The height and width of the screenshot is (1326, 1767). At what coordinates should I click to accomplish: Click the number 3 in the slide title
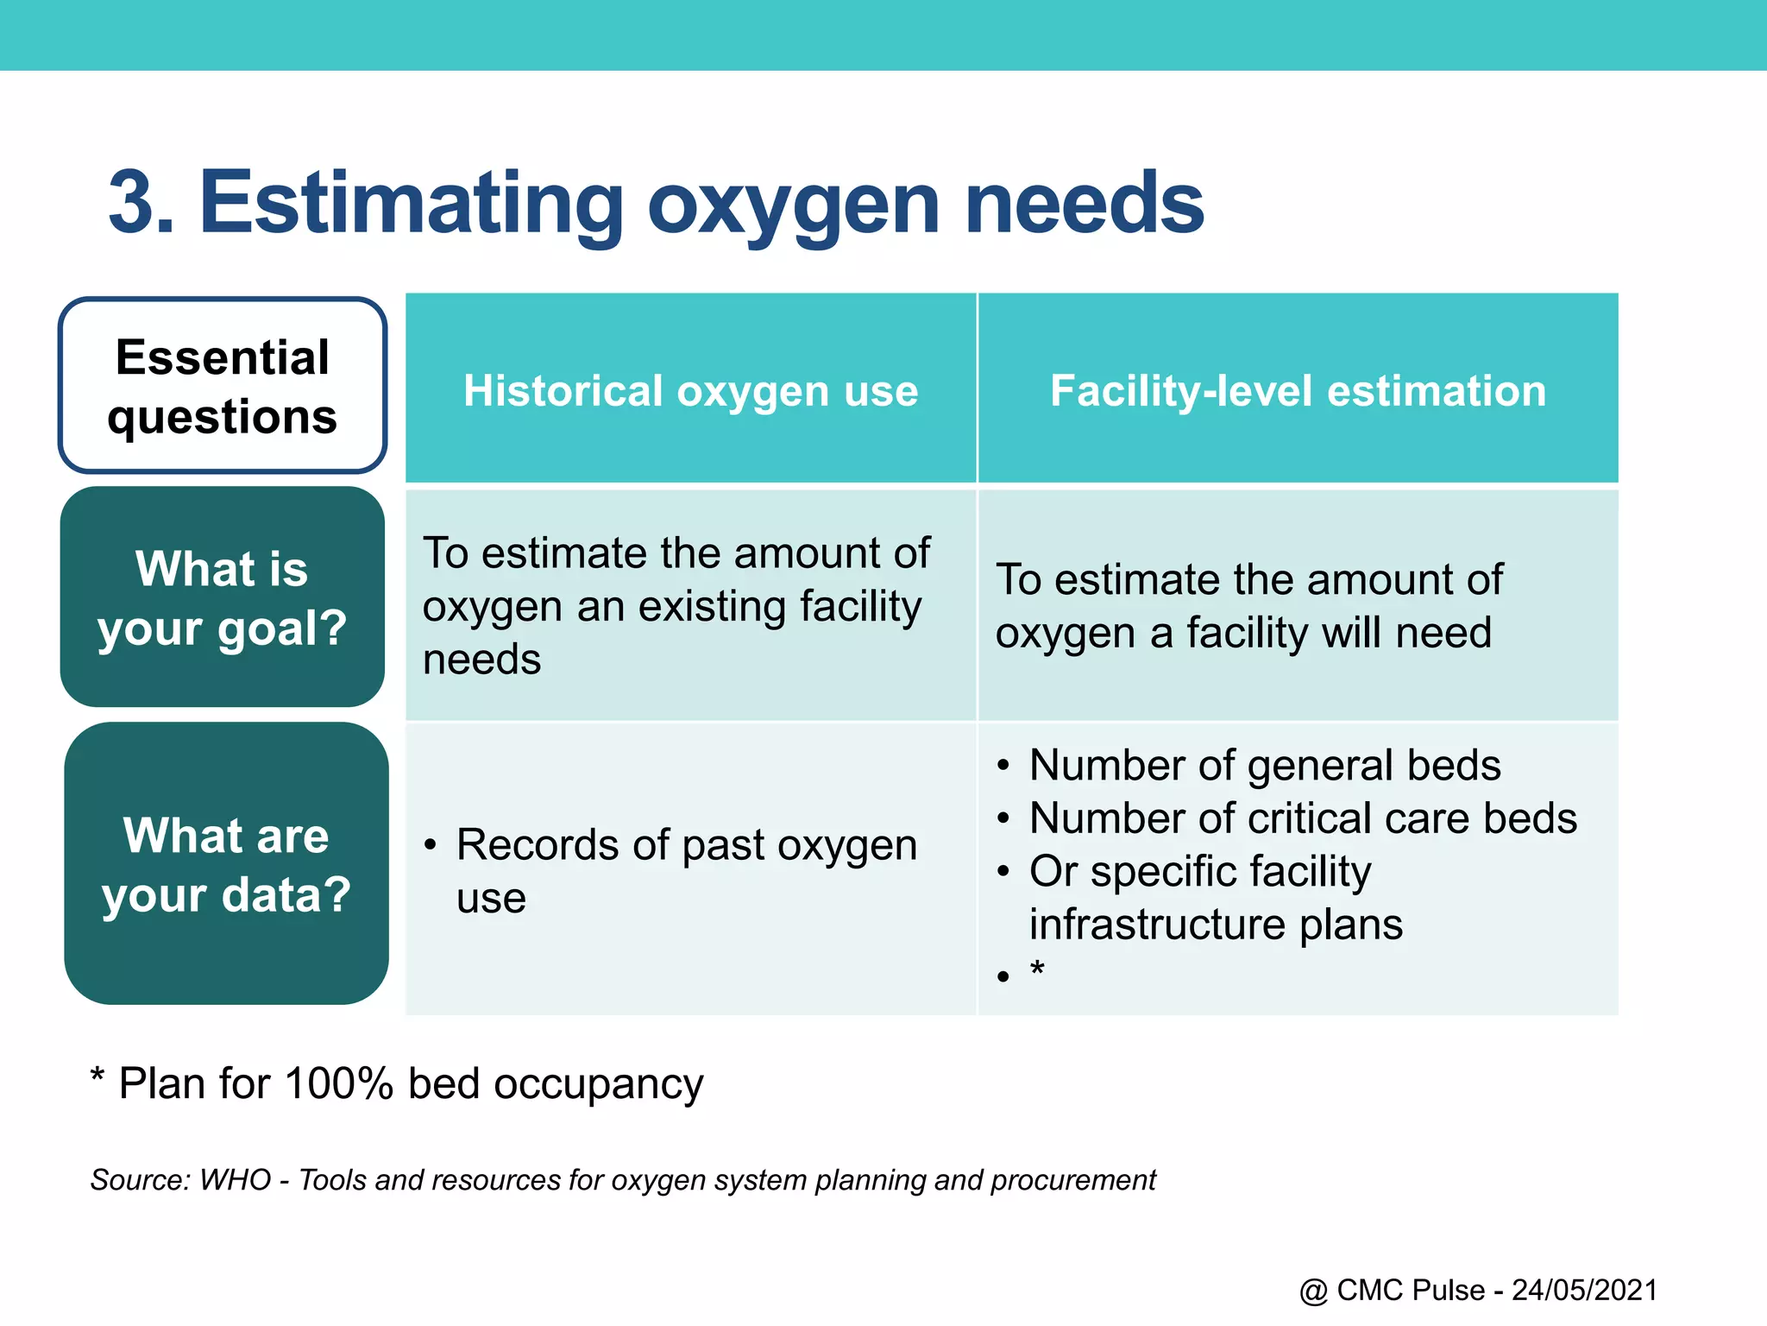(136, 203)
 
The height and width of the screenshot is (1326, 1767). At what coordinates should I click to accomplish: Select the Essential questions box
(223, 386)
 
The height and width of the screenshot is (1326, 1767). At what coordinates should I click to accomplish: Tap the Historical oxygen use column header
(690, 390)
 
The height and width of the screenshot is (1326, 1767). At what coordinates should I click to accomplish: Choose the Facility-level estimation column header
(1298, 390)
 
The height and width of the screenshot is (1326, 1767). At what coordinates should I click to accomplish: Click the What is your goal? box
(223, 597)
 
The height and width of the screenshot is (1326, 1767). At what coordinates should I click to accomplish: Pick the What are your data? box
(226, 864)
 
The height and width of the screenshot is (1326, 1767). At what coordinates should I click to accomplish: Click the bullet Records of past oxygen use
(686, 870)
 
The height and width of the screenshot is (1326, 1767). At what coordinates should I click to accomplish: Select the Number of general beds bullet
(1264, 765)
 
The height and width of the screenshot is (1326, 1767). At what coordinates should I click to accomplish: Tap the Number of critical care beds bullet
(1302, 818)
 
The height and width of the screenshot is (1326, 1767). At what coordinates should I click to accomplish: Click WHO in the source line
(235, 1179)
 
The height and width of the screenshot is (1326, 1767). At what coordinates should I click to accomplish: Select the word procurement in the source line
(1072, 1180)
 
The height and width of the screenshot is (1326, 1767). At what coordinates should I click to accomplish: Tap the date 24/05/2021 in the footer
(1584, 1290)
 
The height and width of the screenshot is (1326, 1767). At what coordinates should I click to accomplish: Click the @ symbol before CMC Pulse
(1313, 1291)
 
